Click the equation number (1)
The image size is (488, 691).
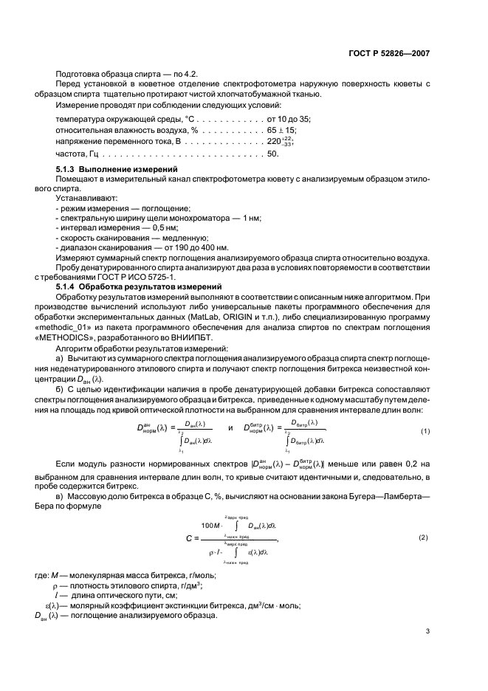tap(425, 430)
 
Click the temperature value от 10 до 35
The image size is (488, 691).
tap(289, 119)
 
